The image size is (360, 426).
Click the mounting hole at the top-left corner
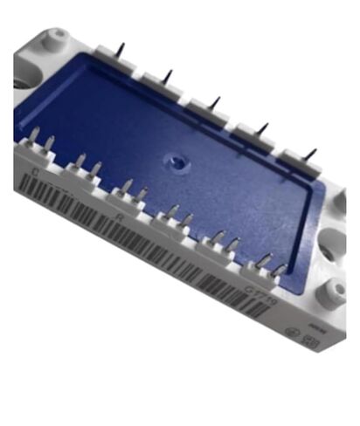[x=58, y=37]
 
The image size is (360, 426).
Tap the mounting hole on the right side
[x=334, y=290]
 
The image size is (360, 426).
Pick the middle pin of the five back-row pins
[x=215, y=104]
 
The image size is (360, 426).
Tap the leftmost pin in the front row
[x=33, y=137]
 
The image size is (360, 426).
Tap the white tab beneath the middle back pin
[x=204, y=115]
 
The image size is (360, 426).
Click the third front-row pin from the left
[x=80, y=162]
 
